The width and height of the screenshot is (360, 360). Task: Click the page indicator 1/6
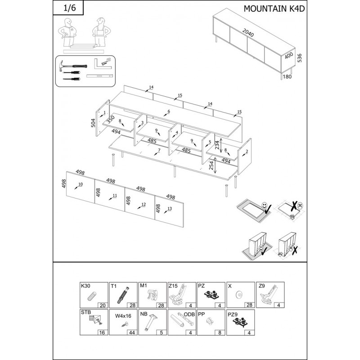[x=69, y=8]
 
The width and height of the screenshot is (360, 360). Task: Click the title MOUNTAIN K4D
[x=274, y=9]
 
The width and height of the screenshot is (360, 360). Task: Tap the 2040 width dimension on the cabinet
[x=248, y=33]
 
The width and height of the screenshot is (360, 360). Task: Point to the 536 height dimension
[x=299, y=58]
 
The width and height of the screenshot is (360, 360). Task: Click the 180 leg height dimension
[x=287, y=76]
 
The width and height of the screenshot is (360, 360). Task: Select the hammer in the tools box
[x=73, y=66]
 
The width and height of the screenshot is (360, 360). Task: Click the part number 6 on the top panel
[x=169, y=112]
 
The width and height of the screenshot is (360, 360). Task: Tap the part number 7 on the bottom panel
[x=159, y=150]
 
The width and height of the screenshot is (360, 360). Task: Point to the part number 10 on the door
[x=81, y=184]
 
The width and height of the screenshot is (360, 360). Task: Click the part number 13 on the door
[x=170, y=208]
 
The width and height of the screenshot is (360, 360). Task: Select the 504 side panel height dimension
[x=93, y=123]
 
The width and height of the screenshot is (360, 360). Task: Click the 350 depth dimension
[x=110, y=119]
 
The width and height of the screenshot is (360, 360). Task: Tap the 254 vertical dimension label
[x=211, y=165]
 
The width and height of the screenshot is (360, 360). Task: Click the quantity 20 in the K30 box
[x=103, y=306]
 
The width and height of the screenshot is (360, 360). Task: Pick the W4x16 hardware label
[x=123, y=316]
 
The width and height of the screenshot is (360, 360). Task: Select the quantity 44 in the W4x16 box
[x=132, y=333]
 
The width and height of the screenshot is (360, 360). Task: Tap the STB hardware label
[x=86, y=312]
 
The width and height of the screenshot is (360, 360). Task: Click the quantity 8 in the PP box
[x=220, y=333]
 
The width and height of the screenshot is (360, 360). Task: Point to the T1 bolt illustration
[x=123, y=295]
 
